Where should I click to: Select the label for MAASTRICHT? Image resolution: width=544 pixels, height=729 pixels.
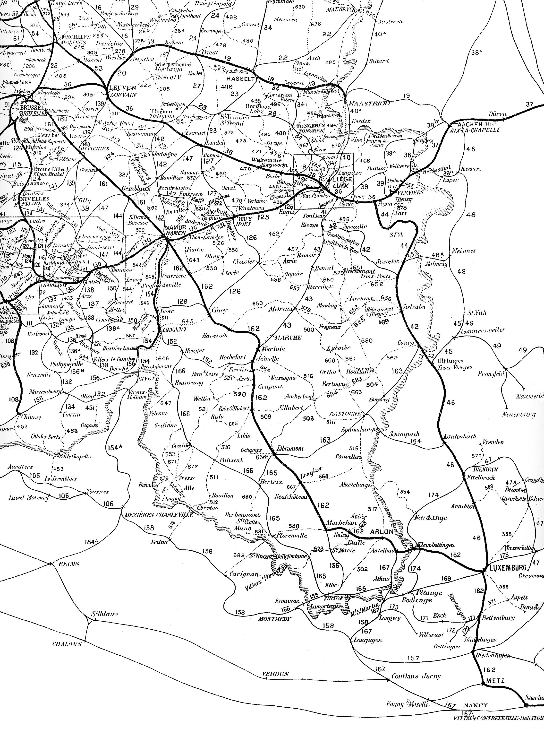(x=368, y=103)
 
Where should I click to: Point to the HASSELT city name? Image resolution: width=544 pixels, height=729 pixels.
(x=240, y=79)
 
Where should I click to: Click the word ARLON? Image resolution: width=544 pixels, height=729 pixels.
(x=382, y=531)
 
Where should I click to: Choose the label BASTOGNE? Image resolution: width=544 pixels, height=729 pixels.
(x=349, y=414)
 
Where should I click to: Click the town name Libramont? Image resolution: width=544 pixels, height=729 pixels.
(x=290, y=448)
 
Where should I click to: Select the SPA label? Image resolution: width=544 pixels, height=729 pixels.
(x=396, y=234)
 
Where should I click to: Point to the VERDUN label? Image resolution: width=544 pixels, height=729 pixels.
(x=276, y=674)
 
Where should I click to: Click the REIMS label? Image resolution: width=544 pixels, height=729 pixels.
(x=68, y=564)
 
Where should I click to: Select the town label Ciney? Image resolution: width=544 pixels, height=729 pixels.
(x=220, y=310)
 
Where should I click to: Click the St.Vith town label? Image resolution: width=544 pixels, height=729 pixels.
(x=477, y=312)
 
